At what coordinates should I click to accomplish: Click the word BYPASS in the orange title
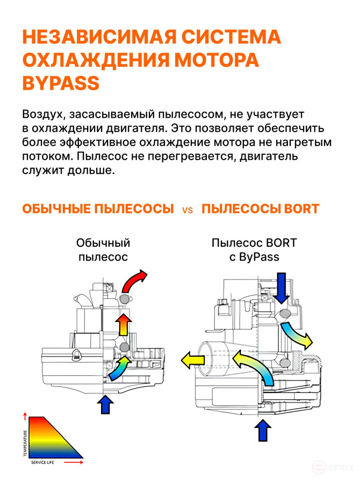coord(61,83)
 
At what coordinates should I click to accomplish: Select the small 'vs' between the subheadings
coord(188,210)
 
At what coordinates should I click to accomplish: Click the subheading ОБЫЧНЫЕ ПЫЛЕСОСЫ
coord(98,209)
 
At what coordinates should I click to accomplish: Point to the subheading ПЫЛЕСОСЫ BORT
coord(260,209)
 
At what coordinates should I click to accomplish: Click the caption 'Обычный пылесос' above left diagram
coord(103,250)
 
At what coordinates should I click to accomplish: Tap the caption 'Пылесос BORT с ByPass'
coord(254,250)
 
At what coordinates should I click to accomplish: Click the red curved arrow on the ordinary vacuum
coord(134,281)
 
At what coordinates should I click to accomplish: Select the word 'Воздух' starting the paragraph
coord(42,114)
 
